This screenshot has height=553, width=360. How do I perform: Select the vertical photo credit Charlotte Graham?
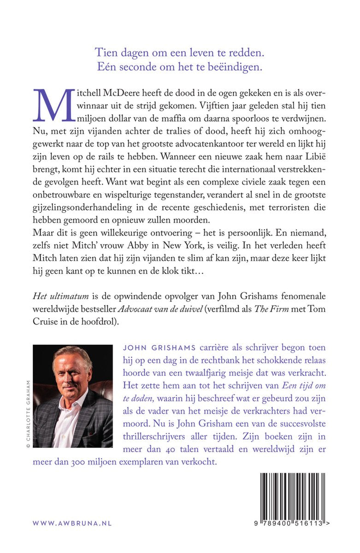point(28,413)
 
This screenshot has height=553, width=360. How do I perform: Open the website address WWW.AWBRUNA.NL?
point(72,524)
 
